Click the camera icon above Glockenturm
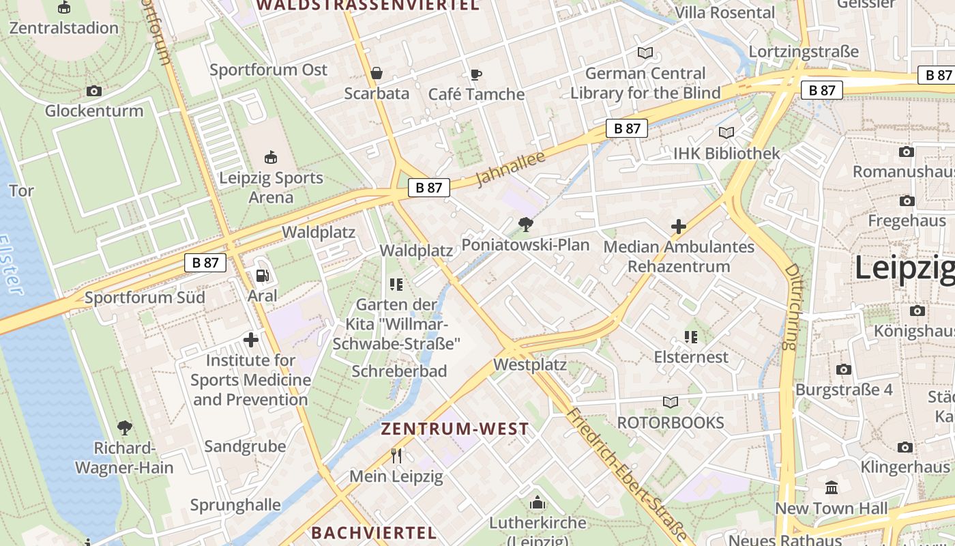(94, 91)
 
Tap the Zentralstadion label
(64, 28)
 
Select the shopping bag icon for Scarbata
(376, 73)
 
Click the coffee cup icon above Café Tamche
(476, 74)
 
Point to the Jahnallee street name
(511, 169)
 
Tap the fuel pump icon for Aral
(262, 276)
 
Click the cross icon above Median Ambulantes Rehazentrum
(678, 227)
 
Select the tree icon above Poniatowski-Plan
(525, 224)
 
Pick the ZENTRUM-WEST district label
(454, 429)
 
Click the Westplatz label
(530, 364)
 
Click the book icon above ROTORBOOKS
(671, 403)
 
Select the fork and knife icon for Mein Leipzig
(396, 455)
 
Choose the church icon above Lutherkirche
(538, 503)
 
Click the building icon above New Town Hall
(832, 488)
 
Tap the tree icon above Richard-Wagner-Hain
(124, 428)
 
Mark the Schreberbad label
(399, 371)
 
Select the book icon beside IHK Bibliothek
(726, 133)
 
